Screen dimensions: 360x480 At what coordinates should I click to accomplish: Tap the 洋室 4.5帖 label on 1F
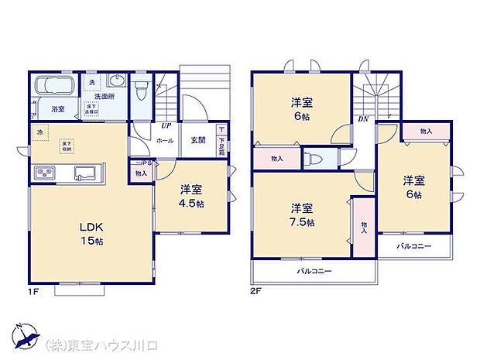[x=192, y=195]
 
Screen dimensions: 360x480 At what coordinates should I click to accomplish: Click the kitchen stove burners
[x=44, y=172]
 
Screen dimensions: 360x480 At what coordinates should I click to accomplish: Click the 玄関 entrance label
[x=197, y=141]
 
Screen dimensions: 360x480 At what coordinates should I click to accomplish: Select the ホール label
[x=165, y=141]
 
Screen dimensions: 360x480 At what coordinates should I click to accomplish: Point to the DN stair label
[x=363, y=119]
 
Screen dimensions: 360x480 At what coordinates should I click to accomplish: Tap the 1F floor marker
[x=34, y=292]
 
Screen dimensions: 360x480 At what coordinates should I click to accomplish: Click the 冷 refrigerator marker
[x=39, y=132]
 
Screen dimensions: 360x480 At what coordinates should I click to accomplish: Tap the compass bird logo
[x=26, y=335]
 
